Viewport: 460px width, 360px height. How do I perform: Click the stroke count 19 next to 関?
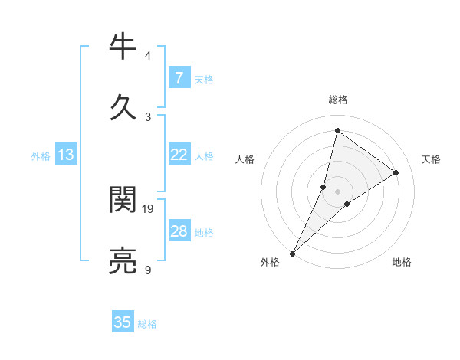pyautogui.click(x=148, y=208)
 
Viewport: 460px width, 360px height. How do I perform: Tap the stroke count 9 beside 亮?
pyautogui.click(x=148, y=270)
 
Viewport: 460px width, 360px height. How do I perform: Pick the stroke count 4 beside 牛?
pyautogui.click(x=148, y=56)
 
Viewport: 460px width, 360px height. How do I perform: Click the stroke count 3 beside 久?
pyautogui.click(x=148, y=116)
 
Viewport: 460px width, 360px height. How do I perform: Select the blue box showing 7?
pyautogui.click(x=179, y=77)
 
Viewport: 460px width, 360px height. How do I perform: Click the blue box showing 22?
pyautogui.click(x=179, y=155)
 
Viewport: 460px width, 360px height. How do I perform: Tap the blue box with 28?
pyautogui.click(x=179, y=231)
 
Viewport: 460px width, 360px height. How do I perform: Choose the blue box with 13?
pyautogui.click(x=66, y=155)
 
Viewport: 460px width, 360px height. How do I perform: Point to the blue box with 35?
pyautogui.click(x=123, y=322)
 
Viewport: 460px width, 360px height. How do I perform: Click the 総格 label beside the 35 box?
pyautogui.click(x=147, y=324)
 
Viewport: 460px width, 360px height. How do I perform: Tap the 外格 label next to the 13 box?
pyautogui.click(x=41, y=156)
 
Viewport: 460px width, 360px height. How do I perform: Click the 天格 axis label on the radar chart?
pyautogui.click(x=431, y=159)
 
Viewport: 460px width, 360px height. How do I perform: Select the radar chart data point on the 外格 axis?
pyautogui.click(x=293, y=254)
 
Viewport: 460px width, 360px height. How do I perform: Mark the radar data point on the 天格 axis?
pyautogui.click(x=396, y=172)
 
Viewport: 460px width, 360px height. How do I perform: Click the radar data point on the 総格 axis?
pyautogui.click(x=337, y=131)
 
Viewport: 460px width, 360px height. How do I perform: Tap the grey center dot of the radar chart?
pyautogui.click(x=337, y=191)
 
